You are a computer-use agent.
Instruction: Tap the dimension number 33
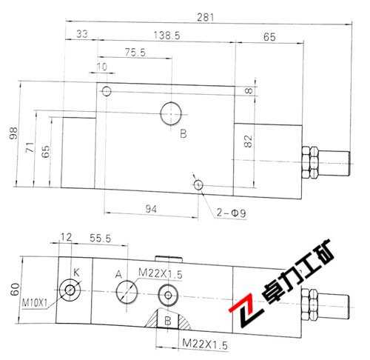click(81, 34)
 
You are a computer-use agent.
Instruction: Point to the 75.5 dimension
click(133, 53)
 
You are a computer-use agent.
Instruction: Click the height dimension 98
click(13, 133)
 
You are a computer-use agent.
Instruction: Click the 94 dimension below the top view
click(151, 210)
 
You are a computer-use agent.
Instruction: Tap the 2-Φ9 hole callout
click(229, 213)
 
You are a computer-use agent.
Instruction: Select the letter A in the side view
click(118, 274)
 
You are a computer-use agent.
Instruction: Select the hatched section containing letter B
click(168, 320)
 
